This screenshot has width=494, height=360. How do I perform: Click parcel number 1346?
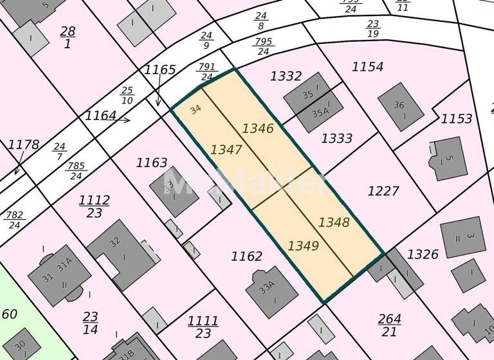tap(258, 129)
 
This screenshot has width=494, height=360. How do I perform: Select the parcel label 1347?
tap(226, 150)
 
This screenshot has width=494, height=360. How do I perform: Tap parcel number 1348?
tap(334, 222)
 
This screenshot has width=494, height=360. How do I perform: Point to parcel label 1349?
tap(303, 245)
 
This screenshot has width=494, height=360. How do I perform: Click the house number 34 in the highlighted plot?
tap(196, 109)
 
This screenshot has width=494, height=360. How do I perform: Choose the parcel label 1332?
tap(286, 76)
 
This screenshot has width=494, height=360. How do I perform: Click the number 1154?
tap(368, 67)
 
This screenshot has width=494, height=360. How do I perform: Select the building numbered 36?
tap(401, 107)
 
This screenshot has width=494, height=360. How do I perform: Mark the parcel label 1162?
tap(246, 256)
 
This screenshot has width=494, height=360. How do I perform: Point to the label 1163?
tap(152, 163)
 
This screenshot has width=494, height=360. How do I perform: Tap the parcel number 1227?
tap(383, 191)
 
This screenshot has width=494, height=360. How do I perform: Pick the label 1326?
tap(423, 255)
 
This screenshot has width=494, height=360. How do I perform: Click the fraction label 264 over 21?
tap(390, 325)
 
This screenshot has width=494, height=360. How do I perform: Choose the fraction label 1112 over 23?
tap(94, 206)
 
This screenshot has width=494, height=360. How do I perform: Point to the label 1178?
tap(23, 145)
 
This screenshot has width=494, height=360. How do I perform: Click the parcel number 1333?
tap(337, 138)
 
